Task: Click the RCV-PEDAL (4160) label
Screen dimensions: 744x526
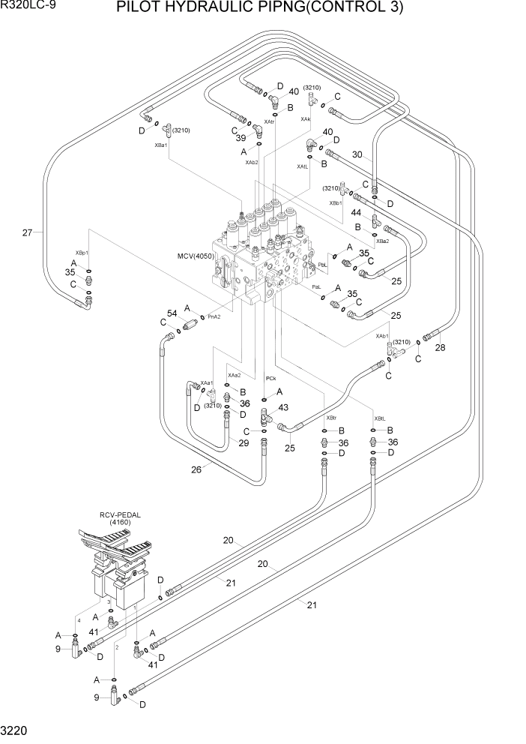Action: pyautogui.click(x=121, y=517)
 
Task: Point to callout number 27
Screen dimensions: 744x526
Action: pyautogui.click(x=27, y=232)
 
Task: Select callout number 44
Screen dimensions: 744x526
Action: pyautogui.click(x=357, y=213)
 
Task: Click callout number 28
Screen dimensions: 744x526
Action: pyautogui.click(x=441, y=346)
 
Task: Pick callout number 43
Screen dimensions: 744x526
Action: pyautogui.click(x=283, y=407)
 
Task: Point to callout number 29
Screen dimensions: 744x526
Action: pyautogui.click(x=244, y=444)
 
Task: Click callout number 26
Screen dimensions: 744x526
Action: pyautogui.click(x=196, y=469)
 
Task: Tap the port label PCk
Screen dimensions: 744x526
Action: pyautogui.click(x=271, y=378)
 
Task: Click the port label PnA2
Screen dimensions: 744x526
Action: pyautogui.click(x=214, y=316)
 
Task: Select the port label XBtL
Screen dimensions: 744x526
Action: pyautogui.click(x=380, y=418)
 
